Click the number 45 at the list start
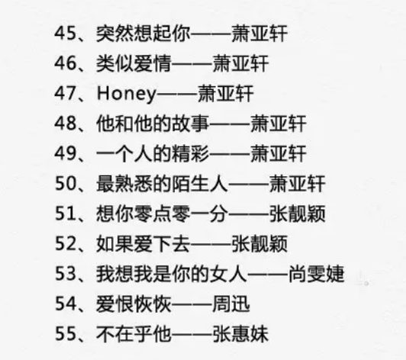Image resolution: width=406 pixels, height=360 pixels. [66, 33]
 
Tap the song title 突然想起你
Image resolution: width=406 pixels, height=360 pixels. [143, 34]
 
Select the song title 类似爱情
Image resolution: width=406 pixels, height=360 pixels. [134, 63]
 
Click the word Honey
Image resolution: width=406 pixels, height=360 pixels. [127, 94]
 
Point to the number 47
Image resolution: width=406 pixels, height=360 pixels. [66, 93]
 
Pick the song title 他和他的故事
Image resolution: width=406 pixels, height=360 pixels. [153, 124]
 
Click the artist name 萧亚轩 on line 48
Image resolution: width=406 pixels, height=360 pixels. [279, 124]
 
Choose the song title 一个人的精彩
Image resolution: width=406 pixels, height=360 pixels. [153, 153]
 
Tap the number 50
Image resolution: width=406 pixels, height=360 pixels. [66, 183]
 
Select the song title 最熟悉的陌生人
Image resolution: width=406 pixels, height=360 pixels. [162, 184]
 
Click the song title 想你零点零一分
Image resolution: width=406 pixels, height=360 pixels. [162, 214]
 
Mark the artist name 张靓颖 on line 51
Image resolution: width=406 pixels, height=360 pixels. [298, 214]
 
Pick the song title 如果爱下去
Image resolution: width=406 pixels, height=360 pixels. [143, 243]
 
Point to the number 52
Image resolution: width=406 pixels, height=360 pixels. [66, 243]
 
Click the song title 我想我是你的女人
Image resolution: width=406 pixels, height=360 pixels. [172, 274]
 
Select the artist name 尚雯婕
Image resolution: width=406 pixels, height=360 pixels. [317, 274]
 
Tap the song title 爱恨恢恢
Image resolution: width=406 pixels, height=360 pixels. [134, 304]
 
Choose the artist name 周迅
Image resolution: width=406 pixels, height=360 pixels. [231, 304]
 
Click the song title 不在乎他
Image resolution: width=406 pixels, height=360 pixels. [134, 333]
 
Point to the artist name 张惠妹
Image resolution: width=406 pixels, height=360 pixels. [240, 333]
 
